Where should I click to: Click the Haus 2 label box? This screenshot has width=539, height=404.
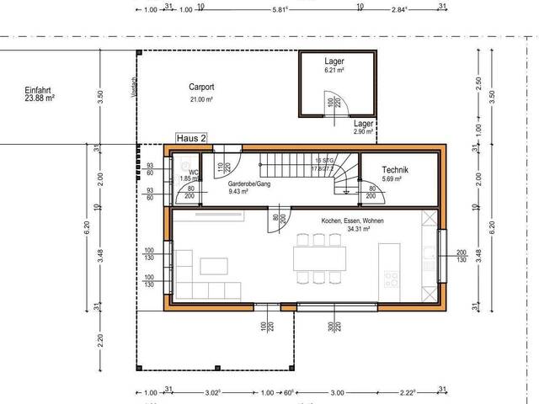click(191, 137)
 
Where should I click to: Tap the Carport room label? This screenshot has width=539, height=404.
click(200, 87)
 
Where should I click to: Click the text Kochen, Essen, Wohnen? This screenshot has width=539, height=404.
click(352, 221)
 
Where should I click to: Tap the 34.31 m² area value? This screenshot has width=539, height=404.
click(352, 230)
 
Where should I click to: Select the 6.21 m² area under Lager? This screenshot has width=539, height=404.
click(335, 72)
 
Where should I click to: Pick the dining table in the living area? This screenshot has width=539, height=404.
click(319, 256)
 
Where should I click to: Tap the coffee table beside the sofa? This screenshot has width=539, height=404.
click(213, 267)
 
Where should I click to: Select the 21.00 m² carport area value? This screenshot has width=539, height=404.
click(200, 99)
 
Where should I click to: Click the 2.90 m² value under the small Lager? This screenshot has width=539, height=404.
click(364, 132)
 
